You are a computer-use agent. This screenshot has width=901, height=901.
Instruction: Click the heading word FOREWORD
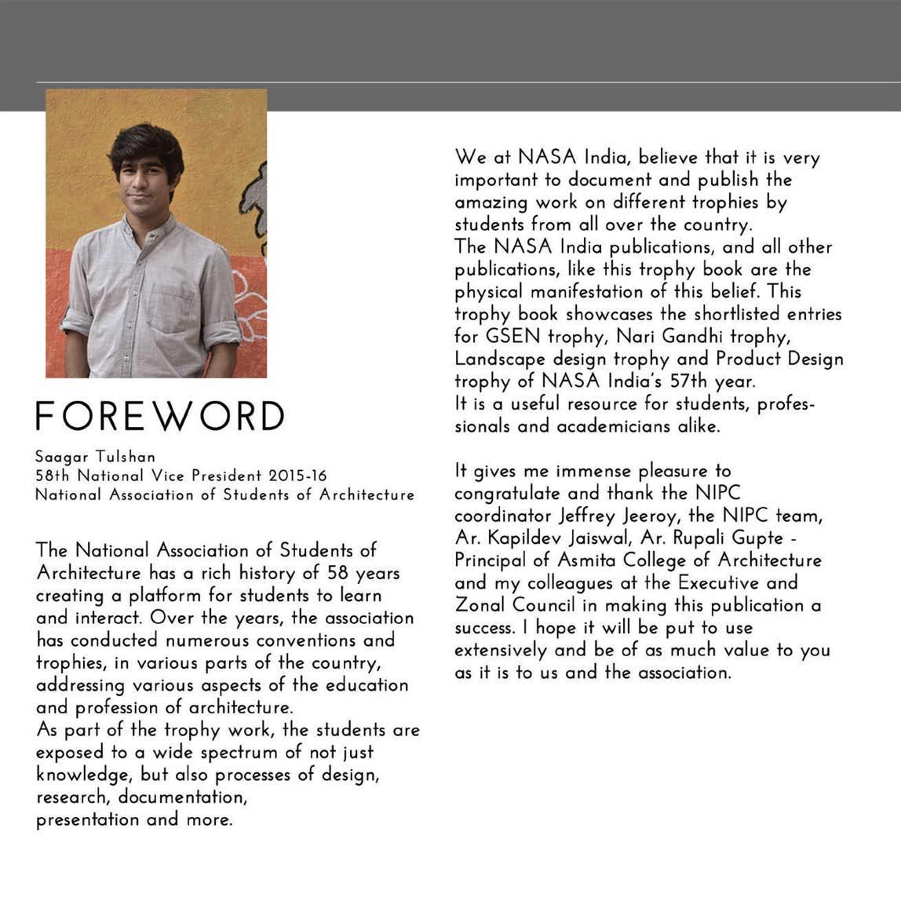[x=159, y=416]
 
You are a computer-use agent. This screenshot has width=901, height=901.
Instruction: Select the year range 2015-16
[x=297, y=476]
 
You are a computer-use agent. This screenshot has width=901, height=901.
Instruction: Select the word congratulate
[x=507, y=494]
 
